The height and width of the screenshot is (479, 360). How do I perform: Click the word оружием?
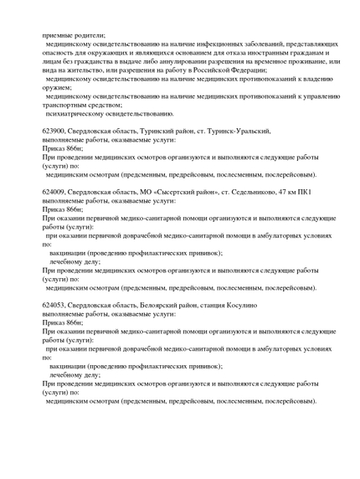point(57,87)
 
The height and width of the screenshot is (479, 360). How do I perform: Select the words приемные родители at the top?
point(75,35)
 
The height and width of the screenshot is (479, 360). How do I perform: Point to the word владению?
point(319,79)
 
